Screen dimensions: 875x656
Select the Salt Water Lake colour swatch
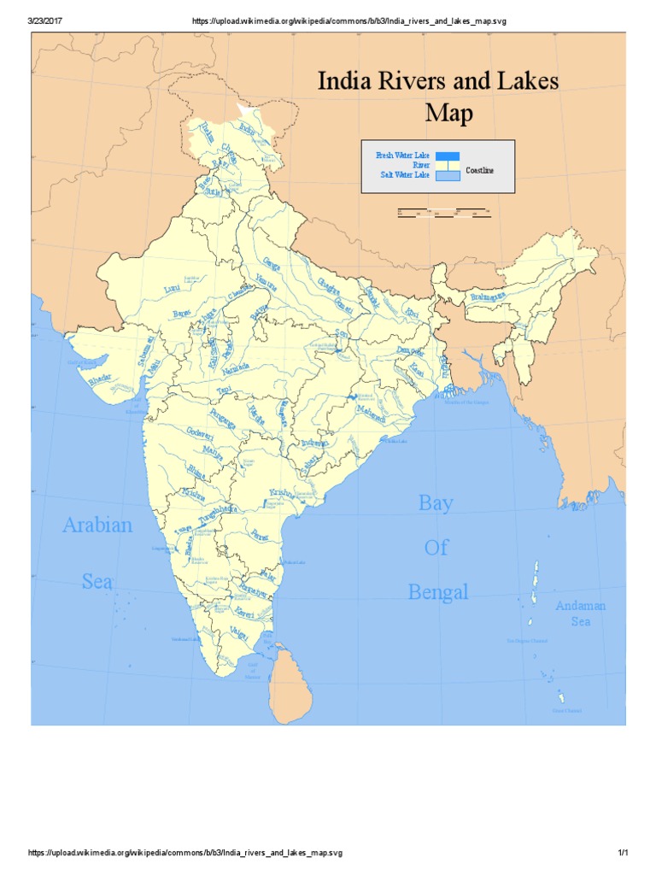(448, 176)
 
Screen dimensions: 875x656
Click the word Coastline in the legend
(479, 171)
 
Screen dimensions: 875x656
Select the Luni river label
(173, 291)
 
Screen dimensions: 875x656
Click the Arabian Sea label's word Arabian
(97, 525)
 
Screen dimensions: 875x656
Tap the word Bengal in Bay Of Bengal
(437, 591)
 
